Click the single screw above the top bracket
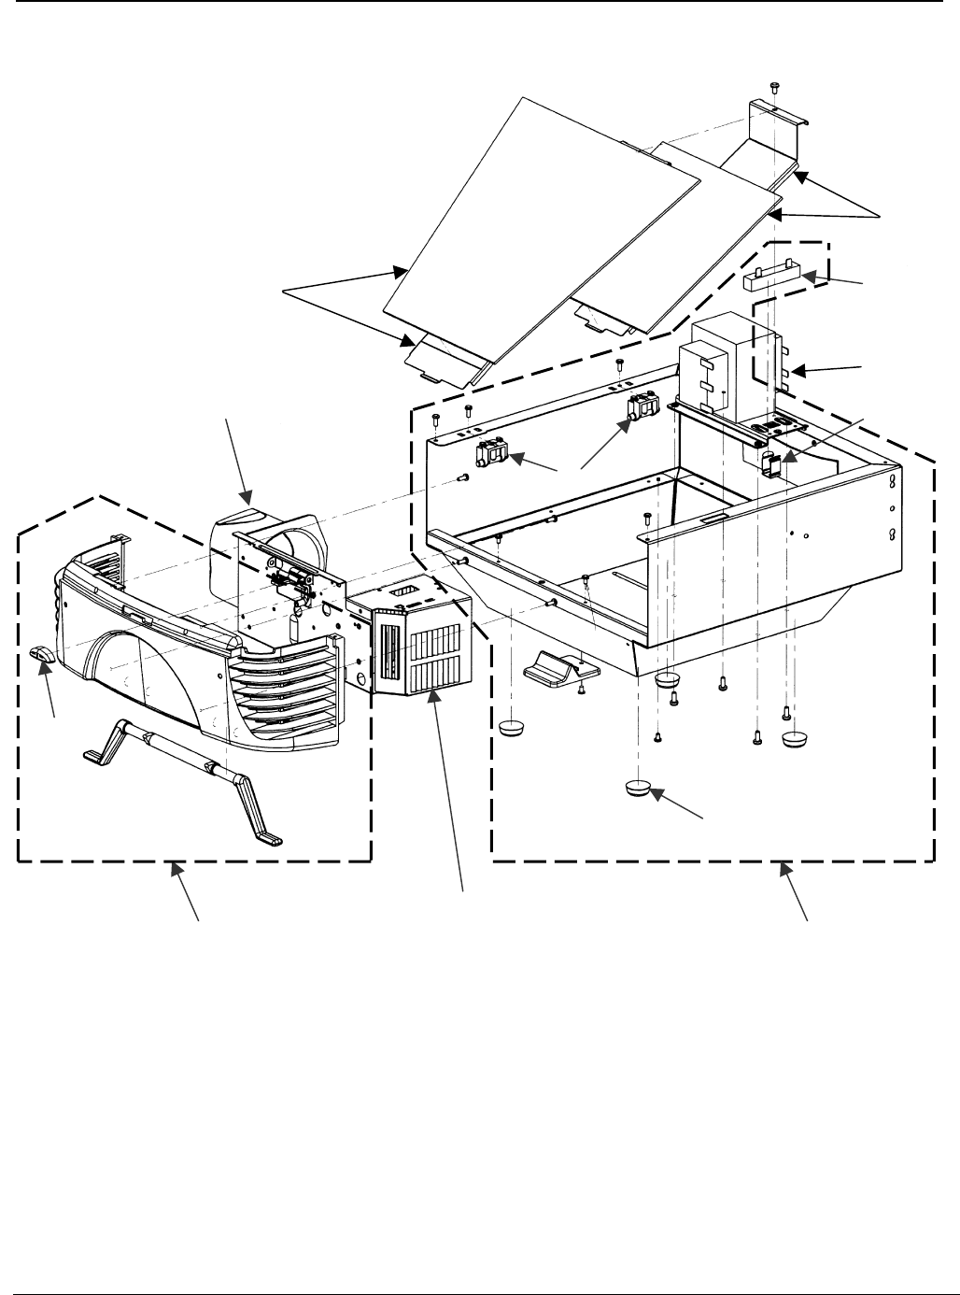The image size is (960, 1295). tap(774, 87)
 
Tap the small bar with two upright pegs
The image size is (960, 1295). tap(772, 277)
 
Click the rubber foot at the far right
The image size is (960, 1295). tap(794, 740)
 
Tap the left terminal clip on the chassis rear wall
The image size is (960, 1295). tap(492, 455)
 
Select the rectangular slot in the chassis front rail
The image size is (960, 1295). tap(713, 516)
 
